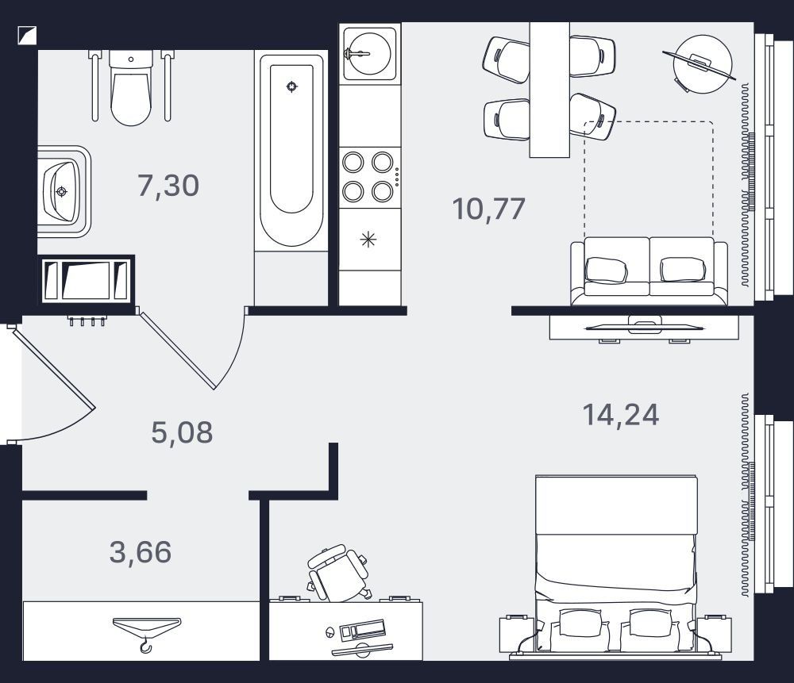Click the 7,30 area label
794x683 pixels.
click(x=168, y=186)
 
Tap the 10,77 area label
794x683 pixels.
click(x=488, y=209)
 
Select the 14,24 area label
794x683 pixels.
click(x=621, y=415)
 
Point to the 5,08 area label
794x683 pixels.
click(x=183, y=433)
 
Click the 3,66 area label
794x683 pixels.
click(x=141, y=552)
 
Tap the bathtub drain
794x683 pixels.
click(x=291, y=86)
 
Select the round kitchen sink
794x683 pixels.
click(x=369, y=52)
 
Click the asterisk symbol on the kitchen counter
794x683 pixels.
click(x=368, y=240)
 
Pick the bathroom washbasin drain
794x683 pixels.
click(x=62, y=191)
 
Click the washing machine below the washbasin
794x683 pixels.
click(x=86, y=280)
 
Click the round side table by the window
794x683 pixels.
click(x=703, y=64)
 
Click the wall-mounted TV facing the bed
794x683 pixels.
click(x=644, y=328)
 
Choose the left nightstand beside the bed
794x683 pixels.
click(x=517, y=633)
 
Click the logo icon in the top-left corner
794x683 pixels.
click(x=27, y=34)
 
